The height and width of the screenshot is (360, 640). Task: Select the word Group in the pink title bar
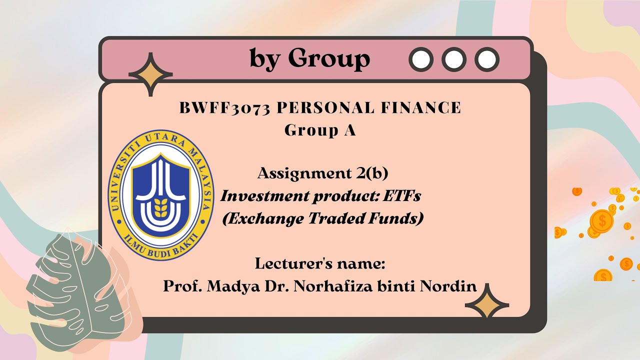pos(329,59)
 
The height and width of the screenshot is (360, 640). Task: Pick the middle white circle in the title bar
pos(454,59)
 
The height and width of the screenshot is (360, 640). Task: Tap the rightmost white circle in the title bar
pos(486,59)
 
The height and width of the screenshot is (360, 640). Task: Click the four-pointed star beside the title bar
pos(150,74)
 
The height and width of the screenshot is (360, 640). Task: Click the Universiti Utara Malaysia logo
pos(161,194)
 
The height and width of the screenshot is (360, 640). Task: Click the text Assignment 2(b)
pos(322,173)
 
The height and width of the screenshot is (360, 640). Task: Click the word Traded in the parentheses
pos(335,218)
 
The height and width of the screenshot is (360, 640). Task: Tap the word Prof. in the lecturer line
pos(182,286)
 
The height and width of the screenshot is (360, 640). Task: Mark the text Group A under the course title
pos(320,130)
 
